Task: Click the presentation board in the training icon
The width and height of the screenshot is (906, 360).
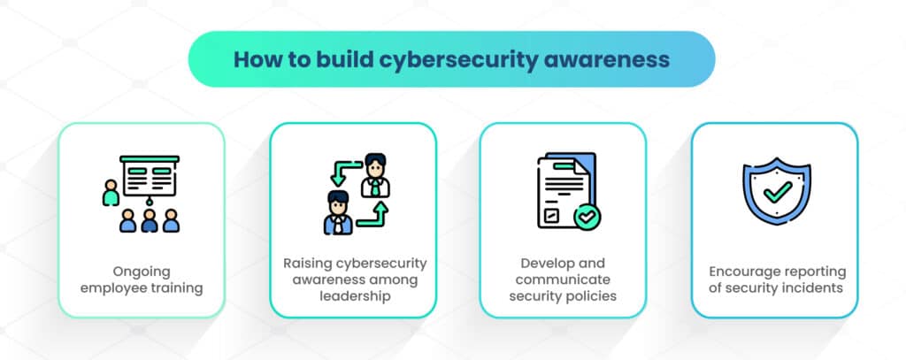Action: (x=150, y=176)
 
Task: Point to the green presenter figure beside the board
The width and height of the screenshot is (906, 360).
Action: (x=111, y=193)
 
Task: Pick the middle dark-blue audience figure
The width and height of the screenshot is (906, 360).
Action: (x=149, y=221)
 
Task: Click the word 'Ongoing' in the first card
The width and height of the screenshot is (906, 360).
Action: (x=142, y=272)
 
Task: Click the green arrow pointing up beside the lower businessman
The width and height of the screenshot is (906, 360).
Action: (x=375, y=215)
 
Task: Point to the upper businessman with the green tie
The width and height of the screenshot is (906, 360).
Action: (x=375, y=175)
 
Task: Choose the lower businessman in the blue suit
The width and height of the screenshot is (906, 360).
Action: (x=338, y=212)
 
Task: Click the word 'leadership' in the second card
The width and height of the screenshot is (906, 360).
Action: (x=352, y=296)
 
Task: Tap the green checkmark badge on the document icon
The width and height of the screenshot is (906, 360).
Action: (x=587, y=218)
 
